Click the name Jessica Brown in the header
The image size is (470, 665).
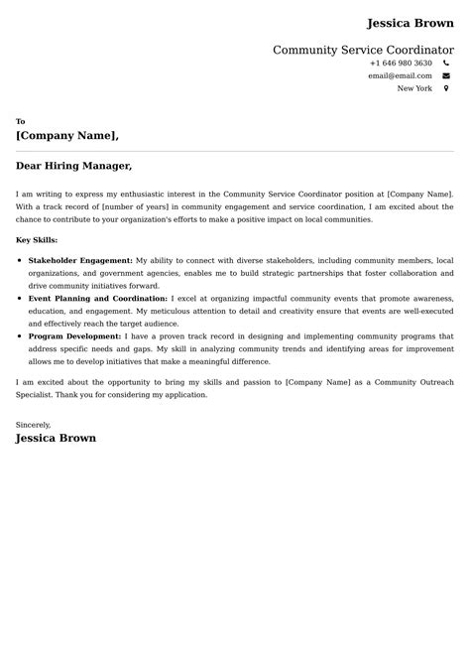click(410, 23)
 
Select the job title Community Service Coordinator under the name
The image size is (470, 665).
click(363, 50)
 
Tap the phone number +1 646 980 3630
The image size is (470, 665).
click(401, 63)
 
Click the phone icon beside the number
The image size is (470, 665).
click(446, 63)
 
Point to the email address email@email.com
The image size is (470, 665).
click(400, 75)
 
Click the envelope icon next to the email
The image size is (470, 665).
click(446, 75)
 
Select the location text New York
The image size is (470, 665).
click(414, 88)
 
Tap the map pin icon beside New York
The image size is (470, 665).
click(446, 88)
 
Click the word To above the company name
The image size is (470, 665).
click(21, 121)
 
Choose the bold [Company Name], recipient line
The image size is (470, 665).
click(67, 136)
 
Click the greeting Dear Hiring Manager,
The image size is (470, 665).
click(74, 166)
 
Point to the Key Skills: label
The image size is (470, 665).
click(38, 240)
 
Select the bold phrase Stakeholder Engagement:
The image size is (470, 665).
click(80, 260)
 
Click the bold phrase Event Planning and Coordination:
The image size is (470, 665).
click(98, 299)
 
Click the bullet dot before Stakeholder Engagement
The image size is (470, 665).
click(20, 260)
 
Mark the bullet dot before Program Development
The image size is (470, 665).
click(20, 337)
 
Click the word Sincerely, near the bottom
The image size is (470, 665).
click(34, 424)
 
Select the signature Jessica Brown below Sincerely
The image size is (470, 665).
click(56, 438)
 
